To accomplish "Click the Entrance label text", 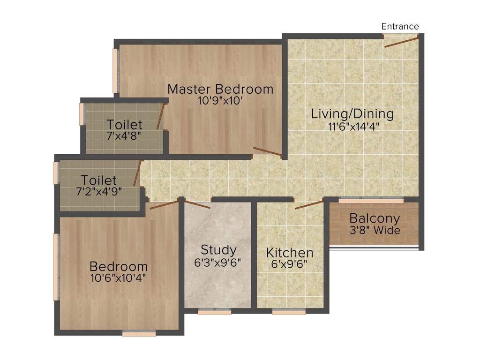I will tap(400, 26).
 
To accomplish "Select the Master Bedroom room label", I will tap(220, 89).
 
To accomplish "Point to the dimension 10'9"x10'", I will tap(220, 100).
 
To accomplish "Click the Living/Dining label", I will tap(352, 114).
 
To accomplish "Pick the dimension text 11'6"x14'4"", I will tap(352, 126).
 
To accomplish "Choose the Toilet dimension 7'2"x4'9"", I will tap(98, 191).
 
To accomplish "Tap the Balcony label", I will tap(375, 218).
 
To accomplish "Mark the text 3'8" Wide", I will tap(375, 230).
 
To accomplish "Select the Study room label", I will tap(218, 250).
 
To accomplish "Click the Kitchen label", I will tap(290, 253).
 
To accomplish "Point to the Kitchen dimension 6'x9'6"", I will tap(290, 264).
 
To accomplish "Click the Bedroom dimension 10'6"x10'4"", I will tap(119, 277).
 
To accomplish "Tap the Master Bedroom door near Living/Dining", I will tap(267, 151).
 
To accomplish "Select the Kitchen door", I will tap(309, 204).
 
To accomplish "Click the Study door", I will tap(197, 204).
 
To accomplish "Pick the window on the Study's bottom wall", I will tap(214, 312).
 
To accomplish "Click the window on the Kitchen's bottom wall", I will tap(289, 312).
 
